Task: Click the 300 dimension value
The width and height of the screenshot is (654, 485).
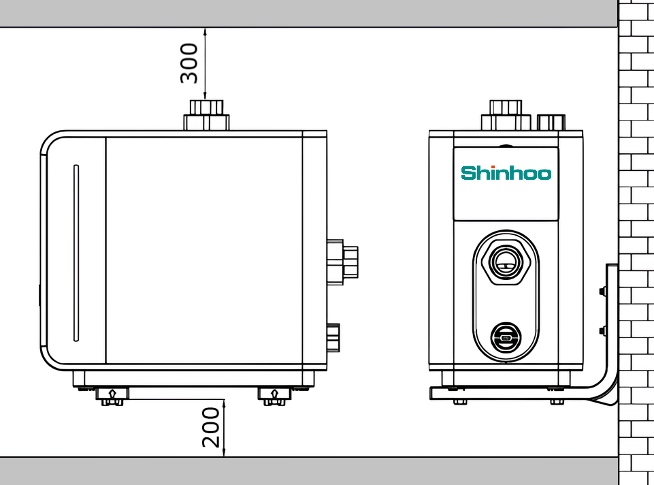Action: pos(189,63)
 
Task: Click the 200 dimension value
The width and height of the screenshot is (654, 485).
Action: pos(211,428)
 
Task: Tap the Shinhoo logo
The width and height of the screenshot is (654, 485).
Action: pos(506,173)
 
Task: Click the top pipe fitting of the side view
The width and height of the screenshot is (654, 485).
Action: pos(206,115)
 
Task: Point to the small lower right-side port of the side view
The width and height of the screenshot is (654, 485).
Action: pos(333,338)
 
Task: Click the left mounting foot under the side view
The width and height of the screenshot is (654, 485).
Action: pos(112,396)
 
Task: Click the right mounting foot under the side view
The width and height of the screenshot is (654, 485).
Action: pos(274,396)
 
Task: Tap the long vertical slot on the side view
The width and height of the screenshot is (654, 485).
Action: pos(76,253)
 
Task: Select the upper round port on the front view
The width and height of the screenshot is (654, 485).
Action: pos(506,262)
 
